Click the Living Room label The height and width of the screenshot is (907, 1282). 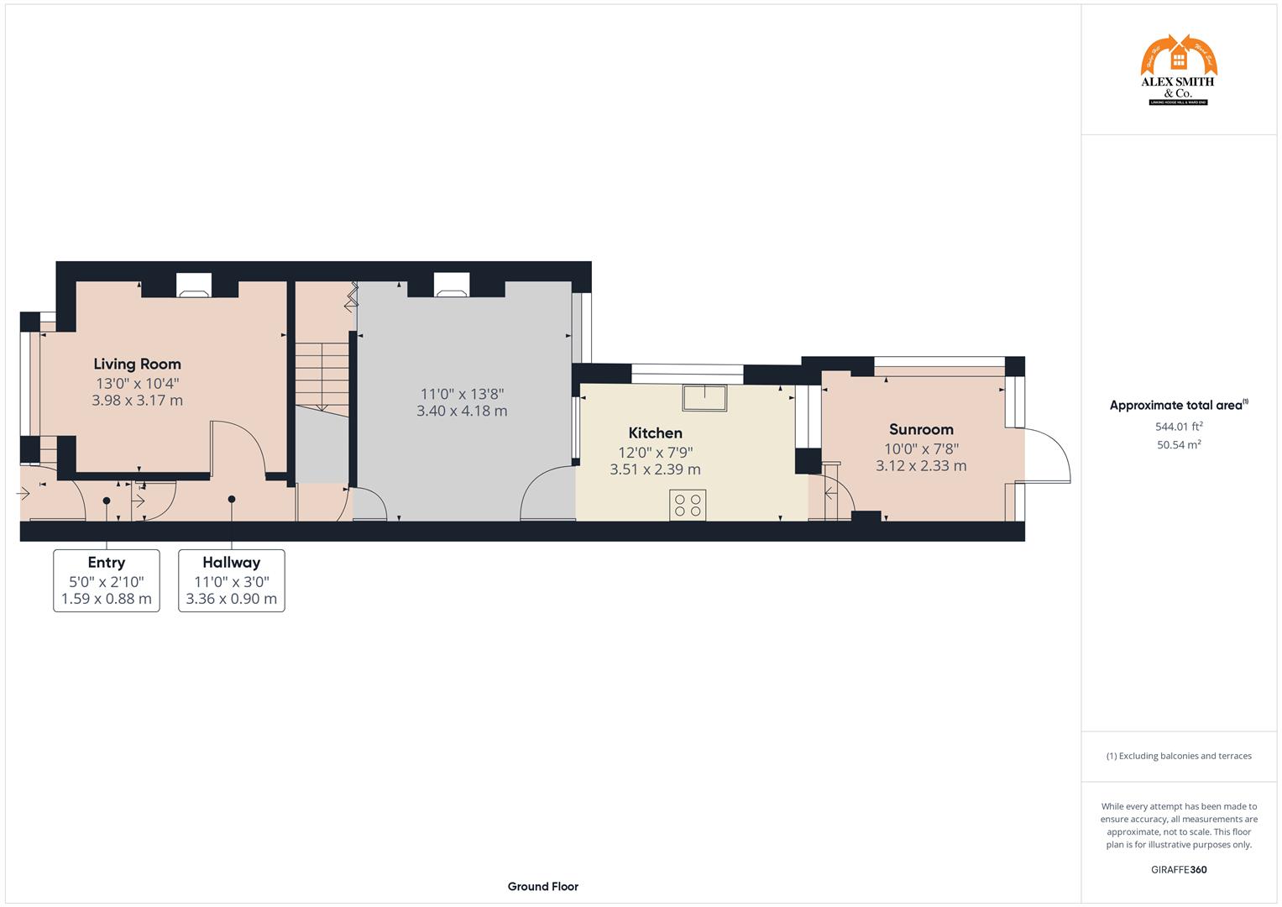[137, 364]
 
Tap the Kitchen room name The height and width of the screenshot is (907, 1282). [655, 433]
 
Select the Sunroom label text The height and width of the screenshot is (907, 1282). [921, 429]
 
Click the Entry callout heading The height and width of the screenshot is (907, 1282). [106, 563]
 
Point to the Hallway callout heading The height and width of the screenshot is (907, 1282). [231, 563]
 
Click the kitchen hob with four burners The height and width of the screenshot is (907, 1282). [688, 505]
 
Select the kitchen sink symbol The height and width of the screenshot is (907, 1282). [704, 398]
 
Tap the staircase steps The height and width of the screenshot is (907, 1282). [322, 375]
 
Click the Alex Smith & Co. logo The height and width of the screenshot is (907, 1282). [1178, 71]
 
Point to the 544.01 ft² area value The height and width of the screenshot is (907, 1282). [1178, 427]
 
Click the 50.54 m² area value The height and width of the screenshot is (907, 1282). [1178, 445]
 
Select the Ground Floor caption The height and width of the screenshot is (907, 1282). [542, 886]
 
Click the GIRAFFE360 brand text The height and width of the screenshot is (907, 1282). [1178, 870]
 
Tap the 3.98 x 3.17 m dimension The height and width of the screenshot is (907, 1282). [137, 401]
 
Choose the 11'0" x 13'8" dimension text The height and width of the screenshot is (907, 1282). [462, 393]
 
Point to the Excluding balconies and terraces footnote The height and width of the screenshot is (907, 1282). [1178, 756]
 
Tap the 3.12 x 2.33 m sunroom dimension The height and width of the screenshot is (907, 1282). [921, 466]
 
